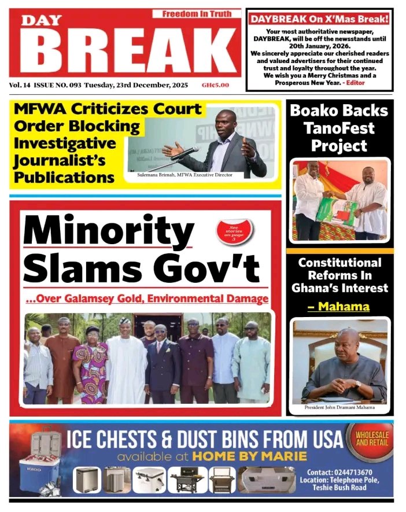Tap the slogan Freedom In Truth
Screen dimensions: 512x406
(196, 13)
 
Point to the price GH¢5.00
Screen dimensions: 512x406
(215, 86)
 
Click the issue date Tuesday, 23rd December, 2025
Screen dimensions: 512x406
(136, 86)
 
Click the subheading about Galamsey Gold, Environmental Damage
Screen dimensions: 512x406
(147, 299)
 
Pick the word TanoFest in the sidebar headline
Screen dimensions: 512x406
(339, 128)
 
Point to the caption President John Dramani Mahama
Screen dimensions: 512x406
(339, 407)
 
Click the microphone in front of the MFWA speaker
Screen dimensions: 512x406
(185, 153)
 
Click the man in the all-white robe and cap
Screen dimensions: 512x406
(126, 362)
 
